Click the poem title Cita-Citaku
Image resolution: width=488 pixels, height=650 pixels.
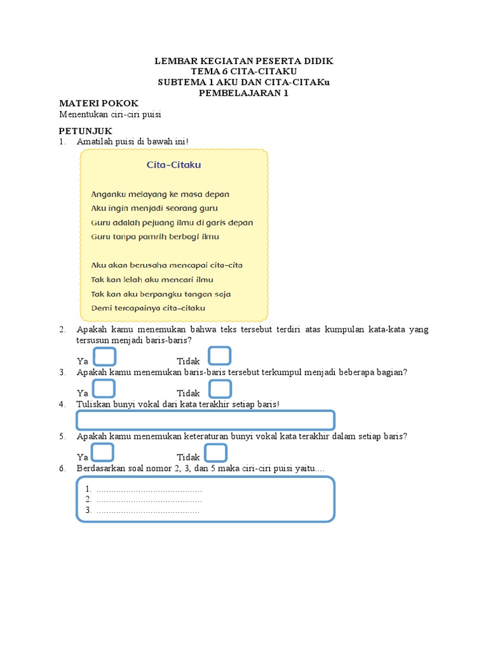click(x=173, y=165)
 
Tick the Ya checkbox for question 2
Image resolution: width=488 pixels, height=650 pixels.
click(x=104, y=357)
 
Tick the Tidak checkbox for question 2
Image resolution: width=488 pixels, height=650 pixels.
click(x=219, y=357)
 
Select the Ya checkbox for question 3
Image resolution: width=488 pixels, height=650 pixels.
click(x=104, y=389)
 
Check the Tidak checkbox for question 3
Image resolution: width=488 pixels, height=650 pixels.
click(x=219, y=389)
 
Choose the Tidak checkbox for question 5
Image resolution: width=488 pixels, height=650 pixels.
click(x=217, y=453)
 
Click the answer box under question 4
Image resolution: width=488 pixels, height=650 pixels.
click(x=205, y=420)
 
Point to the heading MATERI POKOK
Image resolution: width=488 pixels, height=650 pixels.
click(x=98, y=103)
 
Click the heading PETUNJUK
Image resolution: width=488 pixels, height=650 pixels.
click(x=85, y=130)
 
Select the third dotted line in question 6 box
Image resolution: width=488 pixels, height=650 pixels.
click(x=147, y=510)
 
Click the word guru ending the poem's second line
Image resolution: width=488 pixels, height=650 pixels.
click(x=208, y=208)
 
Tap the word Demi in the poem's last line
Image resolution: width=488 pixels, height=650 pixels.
click(x=101, y=308)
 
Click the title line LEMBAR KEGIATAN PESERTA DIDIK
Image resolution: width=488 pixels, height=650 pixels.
click(x=244, y=61)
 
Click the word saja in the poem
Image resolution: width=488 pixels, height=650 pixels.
click(x=222, y=294)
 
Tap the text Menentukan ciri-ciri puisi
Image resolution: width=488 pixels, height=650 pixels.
click(x=111, y=114)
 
